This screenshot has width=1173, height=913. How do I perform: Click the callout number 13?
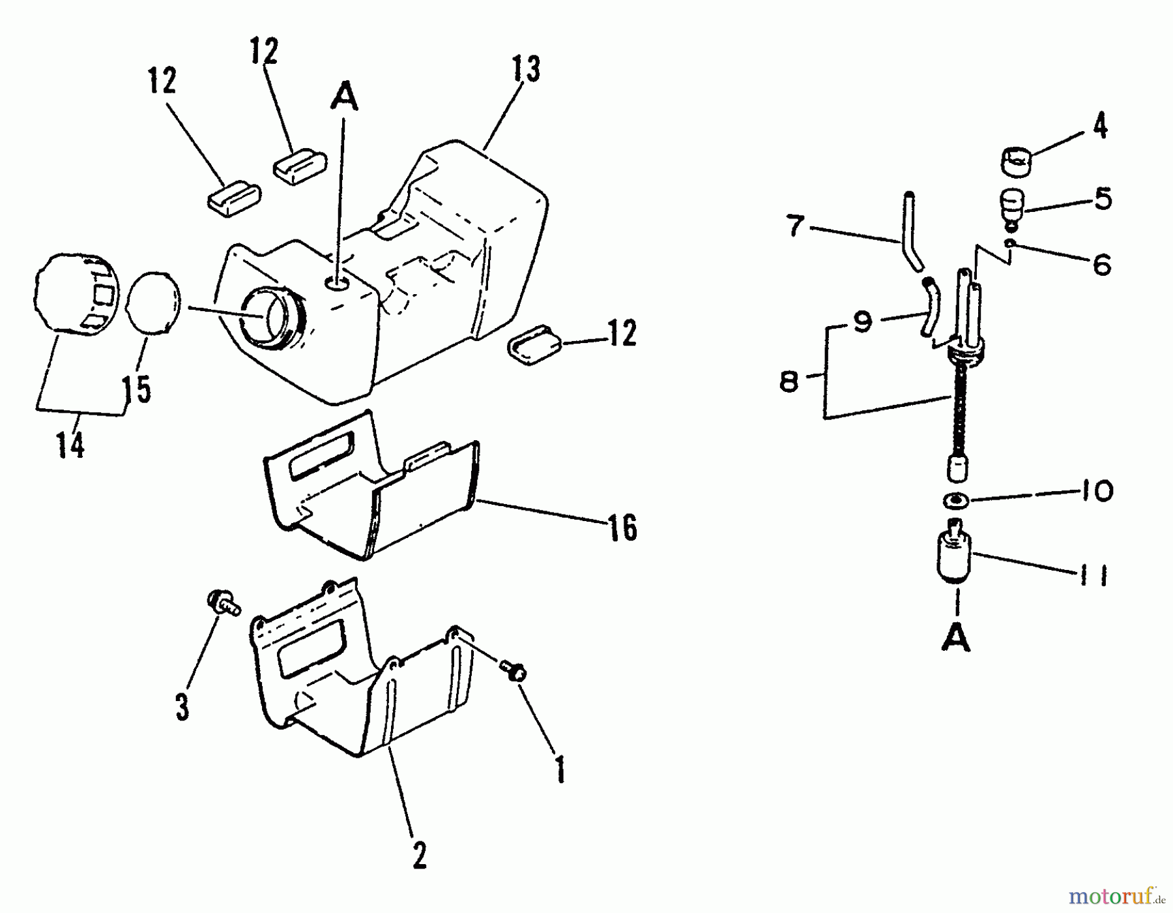[x=526, y=70]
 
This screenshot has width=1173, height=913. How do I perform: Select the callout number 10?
[x=1097, y=491]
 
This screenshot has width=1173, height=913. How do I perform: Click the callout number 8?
[x=789, y=382]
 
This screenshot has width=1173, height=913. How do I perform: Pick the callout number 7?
[x=794, y=227]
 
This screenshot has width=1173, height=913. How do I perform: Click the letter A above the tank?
[x=345, y=98]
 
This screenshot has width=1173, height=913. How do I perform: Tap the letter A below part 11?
[x=956, y=638]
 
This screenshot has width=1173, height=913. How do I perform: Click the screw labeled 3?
[x=222, y=602]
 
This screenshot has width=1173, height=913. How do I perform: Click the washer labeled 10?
[x=955, y=500]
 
